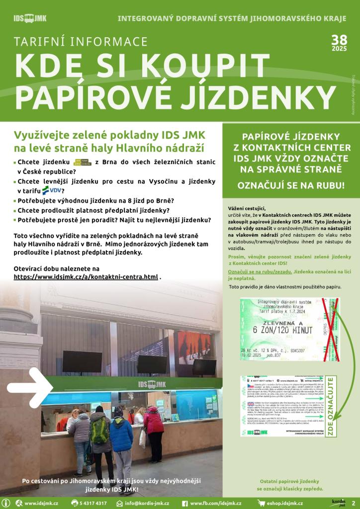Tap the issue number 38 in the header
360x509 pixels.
click(340, 40)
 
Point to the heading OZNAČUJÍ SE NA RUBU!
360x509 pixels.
click(290, 186)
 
